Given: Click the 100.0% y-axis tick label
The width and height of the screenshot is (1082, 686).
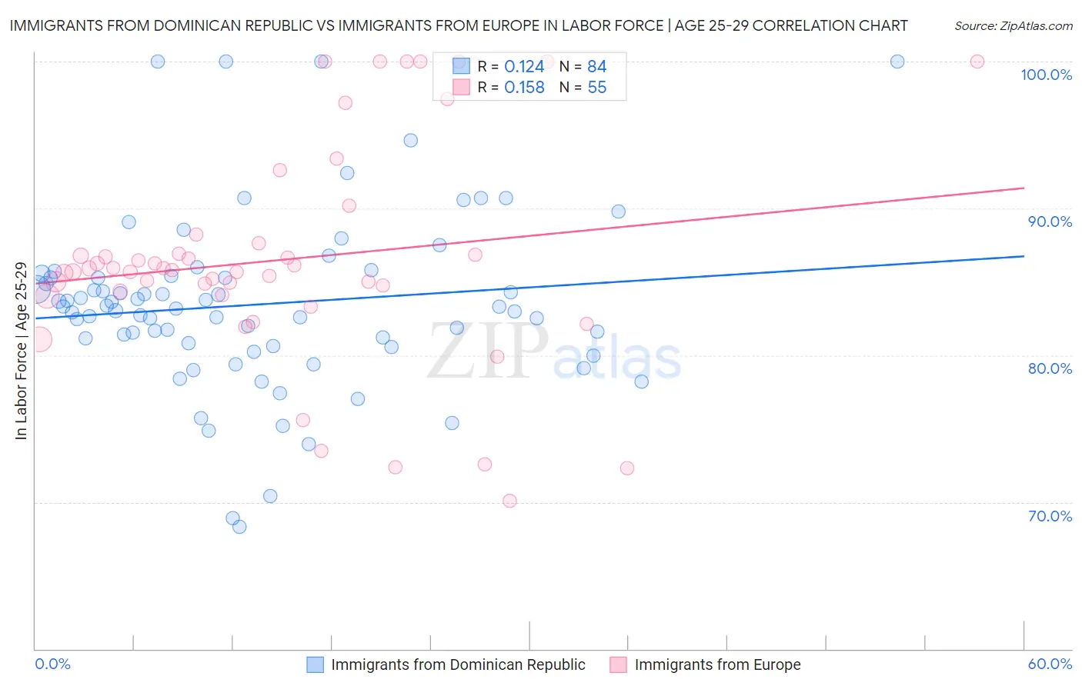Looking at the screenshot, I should [x=1046, y=75].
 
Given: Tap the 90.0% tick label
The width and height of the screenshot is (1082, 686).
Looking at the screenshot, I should [x=1050, y=221].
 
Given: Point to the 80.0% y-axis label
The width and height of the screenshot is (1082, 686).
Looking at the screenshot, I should [x=1050, y=368].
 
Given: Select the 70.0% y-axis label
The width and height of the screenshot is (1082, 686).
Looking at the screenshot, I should [x=1050, y=516].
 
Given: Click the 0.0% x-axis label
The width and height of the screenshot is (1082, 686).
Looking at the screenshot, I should [x=52, y=664].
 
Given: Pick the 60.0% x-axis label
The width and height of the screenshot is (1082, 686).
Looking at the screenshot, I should [x=1050, y=664].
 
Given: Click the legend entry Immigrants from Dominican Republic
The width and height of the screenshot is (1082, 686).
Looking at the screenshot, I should [x=458, y=664].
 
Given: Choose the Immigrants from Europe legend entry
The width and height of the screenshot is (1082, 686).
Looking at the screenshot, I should [x=717, y=664].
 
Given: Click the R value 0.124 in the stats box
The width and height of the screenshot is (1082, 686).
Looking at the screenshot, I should [x=524, y=67].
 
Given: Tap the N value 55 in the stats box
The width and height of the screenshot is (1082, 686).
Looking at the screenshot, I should [x=597, y=88].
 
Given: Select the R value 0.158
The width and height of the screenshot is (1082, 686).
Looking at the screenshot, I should [x=524, y=88].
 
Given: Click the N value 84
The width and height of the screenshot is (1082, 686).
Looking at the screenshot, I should [x=597, y=67].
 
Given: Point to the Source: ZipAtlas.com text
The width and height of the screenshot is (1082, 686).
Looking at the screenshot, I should [x=1013, y=25].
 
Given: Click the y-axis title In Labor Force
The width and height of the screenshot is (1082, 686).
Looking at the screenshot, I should [x=22, y=351].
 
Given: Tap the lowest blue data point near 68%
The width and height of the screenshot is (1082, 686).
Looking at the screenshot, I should [x=239, y=527].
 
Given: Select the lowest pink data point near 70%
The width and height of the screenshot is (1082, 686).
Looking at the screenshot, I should [x=509, y=501].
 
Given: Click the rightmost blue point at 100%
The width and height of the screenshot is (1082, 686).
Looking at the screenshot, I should [x=897, y=62].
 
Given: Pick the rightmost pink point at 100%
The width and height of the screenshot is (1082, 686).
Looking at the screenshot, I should [x=977, y=62].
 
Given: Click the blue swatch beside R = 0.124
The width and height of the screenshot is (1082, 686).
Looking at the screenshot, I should [x=461, y=66].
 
